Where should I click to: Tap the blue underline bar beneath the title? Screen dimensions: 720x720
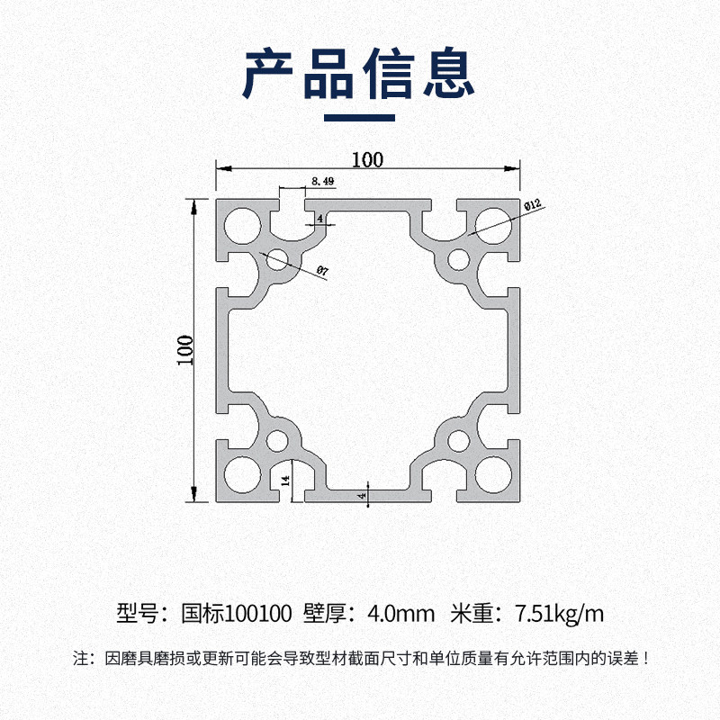359,117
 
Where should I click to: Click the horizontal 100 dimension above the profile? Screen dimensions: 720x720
367,159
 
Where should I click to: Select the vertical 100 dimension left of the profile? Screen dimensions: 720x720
184,348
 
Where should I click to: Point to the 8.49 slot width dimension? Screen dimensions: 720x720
322,182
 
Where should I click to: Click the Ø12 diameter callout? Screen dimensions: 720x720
531,206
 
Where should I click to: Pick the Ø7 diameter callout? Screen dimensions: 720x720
322,270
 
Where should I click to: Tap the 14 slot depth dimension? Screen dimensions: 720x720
285,481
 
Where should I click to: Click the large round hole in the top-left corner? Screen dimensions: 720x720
241,225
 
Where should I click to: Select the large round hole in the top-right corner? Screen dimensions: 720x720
491,225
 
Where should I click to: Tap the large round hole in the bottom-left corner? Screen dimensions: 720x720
241,474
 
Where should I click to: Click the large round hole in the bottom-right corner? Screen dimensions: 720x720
491,474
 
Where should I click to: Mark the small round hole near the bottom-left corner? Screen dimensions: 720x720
276,441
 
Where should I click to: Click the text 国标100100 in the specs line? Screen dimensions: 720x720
237,615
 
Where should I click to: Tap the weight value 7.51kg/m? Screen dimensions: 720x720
559,615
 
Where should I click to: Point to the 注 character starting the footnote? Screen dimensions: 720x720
80,658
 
